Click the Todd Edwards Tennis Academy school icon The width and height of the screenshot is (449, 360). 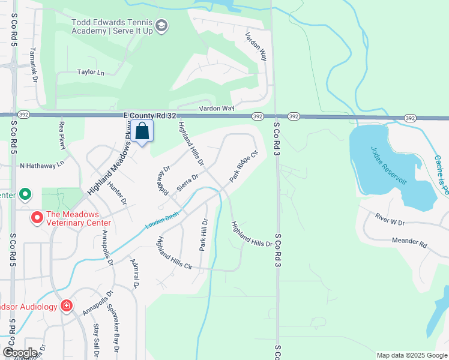pos(161,26)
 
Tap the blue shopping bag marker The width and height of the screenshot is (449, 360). pos(143,130)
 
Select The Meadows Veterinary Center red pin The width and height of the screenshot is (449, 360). pos(37,216)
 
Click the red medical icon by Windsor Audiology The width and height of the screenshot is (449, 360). pos(66,306)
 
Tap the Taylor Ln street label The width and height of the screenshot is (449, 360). pos(91,72)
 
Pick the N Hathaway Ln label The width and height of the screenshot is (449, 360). pos(42,165)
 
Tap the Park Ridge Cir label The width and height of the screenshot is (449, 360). pos(243,166)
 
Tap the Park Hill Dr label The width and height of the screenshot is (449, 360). pos(203,235)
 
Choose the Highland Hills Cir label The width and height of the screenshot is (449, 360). pos(174,254)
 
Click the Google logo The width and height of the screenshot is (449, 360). pos(20,353)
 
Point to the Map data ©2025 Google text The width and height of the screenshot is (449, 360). pos(411,355)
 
